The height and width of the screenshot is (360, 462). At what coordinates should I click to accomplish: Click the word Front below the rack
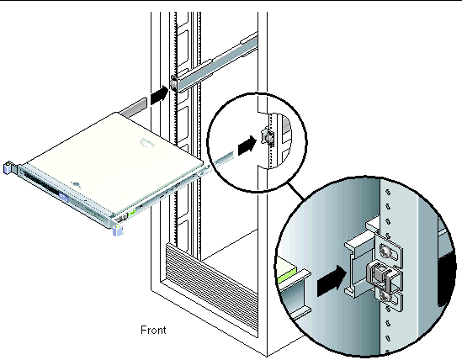tap(153, 330)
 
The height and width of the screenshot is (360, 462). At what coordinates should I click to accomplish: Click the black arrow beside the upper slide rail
tap(159, 94)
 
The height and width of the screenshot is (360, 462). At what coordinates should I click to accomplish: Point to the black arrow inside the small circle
tap(247, 145)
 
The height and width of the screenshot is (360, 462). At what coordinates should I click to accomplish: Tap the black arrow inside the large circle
tap(332, 281)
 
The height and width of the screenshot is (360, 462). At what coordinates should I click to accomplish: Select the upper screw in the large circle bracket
tap(385, 251)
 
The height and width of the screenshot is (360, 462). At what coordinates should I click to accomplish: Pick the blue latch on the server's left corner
tap(7, 168)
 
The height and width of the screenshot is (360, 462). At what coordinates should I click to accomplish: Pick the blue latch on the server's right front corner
tap(118, 230)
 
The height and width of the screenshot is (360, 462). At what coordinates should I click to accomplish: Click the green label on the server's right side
tap(132, 212)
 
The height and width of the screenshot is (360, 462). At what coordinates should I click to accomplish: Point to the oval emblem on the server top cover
tap(147, 143)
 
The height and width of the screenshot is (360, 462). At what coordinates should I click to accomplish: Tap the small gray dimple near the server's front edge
tap(76, 184)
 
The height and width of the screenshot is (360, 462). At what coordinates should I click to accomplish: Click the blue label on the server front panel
tap(64, 197)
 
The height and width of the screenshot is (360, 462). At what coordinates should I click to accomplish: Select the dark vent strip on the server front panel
tap(41, 183)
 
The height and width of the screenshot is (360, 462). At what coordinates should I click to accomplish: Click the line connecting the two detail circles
tap(297, 191)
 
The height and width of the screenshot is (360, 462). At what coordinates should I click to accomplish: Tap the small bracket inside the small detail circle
tap(268, 137)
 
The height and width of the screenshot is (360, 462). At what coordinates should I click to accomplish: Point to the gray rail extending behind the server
tap(134, 107)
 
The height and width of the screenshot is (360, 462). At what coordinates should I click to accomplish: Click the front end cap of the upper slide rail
tap(174, 83)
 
